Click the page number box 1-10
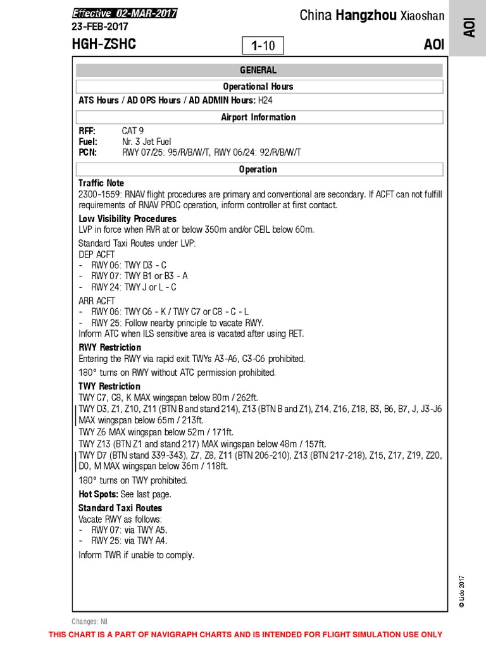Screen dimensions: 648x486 click(x=263, y=46)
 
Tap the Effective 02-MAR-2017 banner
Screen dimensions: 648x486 click(x=124, y=14)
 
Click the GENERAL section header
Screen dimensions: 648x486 click(x=258, y=70)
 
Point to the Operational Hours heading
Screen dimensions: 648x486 click(x=258, y=87)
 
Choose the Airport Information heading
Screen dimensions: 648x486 click(x=258, y=117)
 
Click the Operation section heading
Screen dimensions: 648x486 click(x=258, y=169)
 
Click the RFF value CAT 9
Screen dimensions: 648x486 click(x=133, y=131)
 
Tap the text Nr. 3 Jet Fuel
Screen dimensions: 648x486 click(x=147, y=142)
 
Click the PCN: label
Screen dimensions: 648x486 click(x=87, y=153)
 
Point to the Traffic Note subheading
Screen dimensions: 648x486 click(x=101, y=183)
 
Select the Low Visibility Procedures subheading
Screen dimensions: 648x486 click(x=127, y=219)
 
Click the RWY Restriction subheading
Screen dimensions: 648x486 click(x=109, y=347)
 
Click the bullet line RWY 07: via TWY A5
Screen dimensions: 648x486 click(x=129, y=530)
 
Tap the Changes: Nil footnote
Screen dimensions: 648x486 click(x=90, y=621)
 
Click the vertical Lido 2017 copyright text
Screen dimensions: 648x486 click(x=462, y=591)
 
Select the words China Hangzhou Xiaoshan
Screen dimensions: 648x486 click(x=372, y=15)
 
